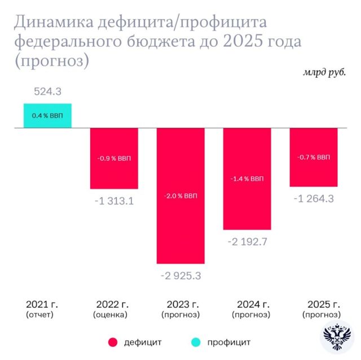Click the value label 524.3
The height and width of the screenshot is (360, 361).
click(x=47, y=90)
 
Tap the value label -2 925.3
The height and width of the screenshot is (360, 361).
click(x=180, y=275)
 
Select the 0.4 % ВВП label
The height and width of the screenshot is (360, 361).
click(x=47, y=116)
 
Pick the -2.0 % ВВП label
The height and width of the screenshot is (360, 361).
click(x=180, y=196)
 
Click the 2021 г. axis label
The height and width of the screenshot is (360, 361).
click(x=42, y=304)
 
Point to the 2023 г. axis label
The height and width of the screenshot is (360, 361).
click(x=180, y=304)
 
